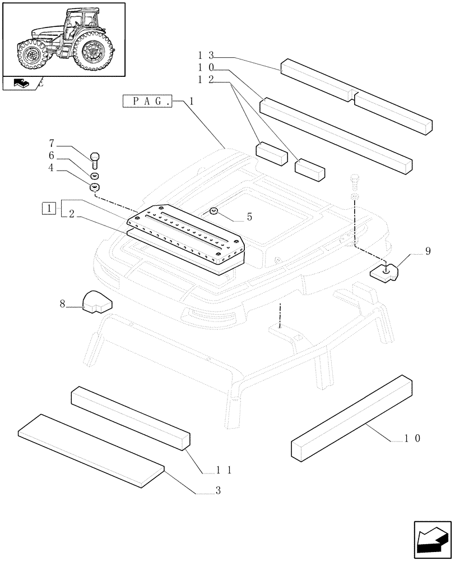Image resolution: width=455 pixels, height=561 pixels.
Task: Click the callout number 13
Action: pyautogui.click(x=205, y=56)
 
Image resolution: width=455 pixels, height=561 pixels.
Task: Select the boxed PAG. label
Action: pyautogui.click(x=147, y=102)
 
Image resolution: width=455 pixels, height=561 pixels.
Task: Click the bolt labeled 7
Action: pyautogui.click(x=94, y=159)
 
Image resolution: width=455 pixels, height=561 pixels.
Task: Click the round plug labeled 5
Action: pyautogui.click(x=213, y=211)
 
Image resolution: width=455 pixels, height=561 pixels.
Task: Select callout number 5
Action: pyautogui.click(x=234, y=216)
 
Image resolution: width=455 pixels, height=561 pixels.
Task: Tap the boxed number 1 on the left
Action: pyautogui.click(x=49, y=209)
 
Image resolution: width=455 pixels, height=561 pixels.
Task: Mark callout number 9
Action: pyautogui.click(x=428, y=251)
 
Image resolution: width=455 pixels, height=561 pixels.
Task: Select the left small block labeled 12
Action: pyautogui.click(x=271, y=153)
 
